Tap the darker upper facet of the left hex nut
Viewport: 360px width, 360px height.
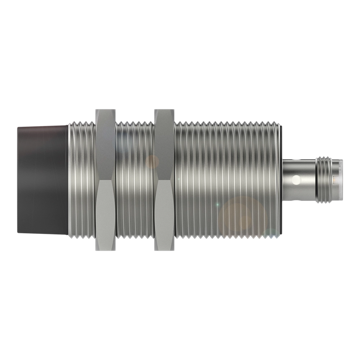106,144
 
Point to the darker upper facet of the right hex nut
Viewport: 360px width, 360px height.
164,144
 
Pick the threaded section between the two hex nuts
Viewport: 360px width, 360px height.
135,180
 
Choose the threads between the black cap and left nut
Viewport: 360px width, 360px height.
82,180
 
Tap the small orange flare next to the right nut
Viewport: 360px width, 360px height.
153,162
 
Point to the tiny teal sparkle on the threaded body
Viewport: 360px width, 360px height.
217,204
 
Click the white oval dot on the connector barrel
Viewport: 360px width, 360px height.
296,179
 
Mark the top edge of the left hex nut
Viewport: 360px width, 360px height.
106,108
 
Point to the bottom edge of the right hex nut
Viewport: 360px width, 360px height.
164,251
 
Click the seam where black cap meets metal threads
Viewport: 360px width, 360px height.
68,180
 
